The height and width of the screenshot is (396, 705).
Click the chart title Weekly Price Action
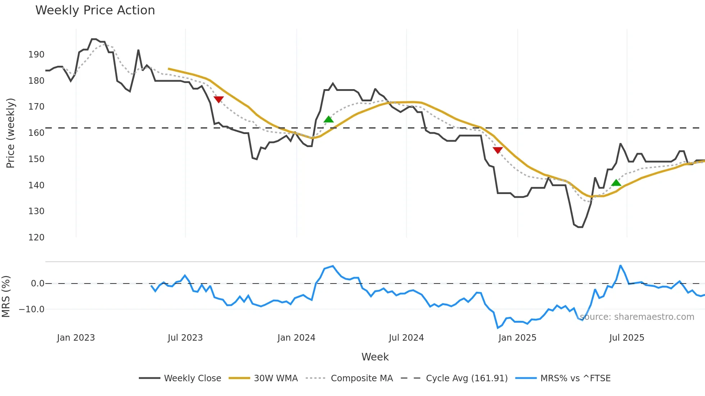[95, 10]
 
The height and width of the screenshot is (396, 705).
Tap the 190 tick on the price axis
[36, 55]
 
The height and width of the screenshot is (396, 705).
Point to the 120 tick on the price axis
[36, 238]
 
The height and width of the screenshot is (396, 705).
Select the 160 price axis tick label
[36, 133]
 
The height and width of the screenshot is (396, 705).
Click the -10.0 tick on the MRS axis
[32, 309]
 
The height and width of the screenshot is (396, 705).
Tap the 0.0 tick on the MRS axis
[37, 284]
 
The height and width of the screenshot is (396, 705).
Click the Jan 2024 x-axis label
[296, 338]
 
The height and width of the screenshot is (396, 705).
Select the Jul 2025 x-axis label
[627, 338]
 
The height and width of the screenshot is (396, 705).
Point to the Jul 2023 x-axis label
[185, 338]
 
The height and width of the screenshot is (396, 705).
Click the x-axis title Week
[375, 357]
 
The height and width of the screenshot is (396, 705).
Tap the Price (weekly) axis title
[10, 133]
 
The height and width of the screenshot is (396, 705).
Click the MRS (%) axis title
[6, 296]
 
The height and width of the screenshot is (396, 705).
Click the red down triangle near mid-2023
[219, 99]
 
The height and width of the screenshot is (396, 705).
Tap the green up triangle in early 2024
[328, 119]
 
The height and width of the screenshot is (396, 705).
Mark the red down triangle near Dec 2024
[497, 150]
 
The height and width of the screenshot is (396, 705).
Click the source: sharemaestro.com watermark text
[637, 317]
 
